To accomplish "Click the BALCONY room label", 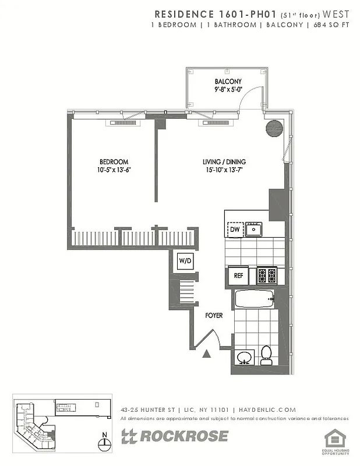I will pyautogui.click(x=228, y=81).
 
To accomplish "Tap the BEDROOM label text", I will pyautogui.click(x=114, y=161).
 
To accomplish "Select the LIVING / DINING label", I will pyautogui.click(x=224, y=161).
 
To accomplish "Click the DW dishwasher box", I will pyautogui.click(x=235, y=230).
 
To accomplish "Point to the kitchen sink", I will pyautogui.click(x=253, y=230).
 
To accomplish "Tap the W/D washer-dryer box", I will pyautogui.click(x=186, y=261).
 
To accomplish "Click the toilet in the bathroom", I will pyautogui.click(x=266, y=355).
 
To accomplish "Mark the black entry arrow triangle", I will pyautogui.click(x=206, y=353).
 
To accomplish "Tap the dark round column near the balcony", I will pyautogui.click(x=274, y=128).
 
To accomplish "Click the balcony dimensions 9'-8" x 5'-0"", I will pyautogui.click(x=228, y=90).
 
